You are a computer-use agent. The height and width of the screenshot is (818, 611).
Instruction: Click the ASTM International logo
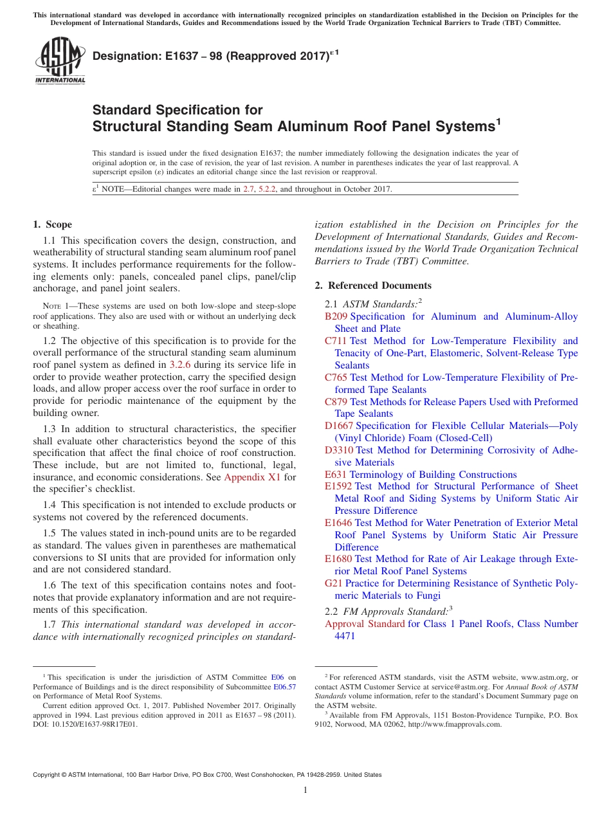pos(60,61)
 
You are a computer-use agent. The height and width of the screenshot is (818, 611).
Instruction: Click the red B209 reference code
pos(336,316)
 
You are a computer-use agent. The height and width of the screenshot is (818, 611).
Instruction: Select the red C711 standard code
pos(336,341)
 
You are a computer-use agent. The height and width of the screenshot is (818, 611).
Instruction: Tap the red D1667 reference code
pos(339,426)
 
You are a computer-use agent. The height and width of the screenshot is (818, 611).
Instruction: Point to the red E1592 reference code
pos(338,486)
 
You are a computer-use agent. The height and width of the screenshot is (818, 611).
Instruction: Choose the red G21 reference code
pos(333,583)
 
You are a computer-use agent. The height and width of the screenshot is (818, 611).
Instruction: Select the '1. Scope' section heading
pos(52,224)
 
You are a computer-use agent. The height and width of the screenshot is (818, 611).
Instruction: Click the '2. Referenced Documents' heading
pos(373,286)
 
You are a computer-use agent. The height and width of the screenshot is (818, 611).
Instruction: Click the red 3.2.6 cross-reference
pos(179,365)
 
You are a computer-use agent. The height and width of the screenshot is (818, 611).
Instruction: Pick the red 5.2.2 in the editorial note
pos(265,189)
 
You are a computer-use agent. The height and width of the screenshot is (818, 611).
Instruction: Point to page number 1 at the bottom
pos(305,790)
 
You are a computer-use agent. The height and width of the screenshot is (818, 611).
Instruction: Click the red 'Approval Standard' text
pos(365,624)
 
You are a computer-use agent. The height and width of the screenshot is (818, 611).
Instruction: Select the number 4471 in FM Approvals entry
pos(345,636)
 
